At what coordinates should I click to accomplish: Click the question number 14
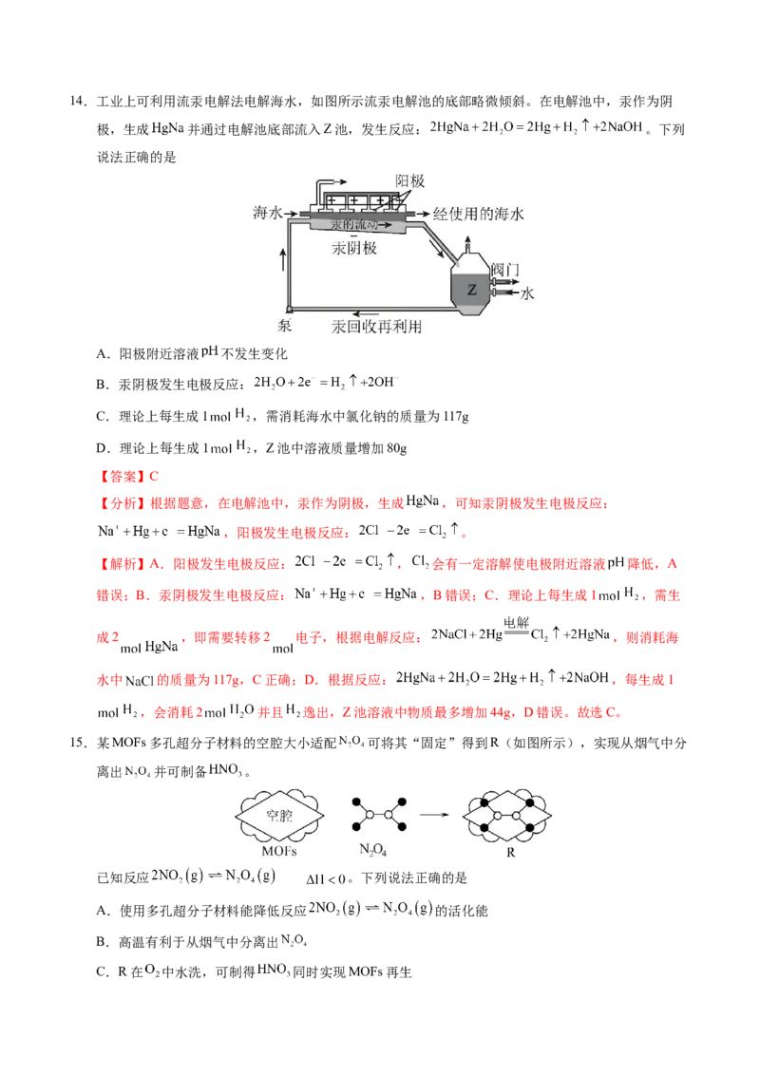point(78,102)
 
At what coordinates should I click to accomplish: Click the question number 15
point(78,743)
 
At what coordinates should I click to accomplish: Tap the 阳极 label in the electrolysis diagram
point(409,181)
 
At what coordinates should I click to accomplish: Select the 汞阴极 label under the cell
point(354,248)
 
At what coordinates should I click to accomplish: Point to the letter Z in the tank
point(472,290)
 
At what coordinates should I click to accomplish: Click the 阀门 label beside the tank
point(506,270)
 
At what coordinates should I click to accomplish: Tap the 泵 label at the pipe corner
point(285,326)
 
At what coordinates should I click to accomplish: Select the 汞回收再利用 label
point(376,327)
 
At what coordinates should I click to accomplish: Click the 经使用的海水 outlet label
point(478,214)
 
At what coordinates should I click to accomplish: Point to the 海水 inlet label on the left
point(268,213)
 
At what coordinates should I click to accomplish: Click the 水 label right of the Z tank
point(527,294)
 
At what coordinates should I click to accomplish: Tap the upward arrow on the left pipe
point(283,260)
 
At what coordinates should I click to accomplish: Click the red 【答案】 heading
point(123,477)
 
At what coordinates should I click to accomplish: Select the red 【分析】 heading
point(123,504)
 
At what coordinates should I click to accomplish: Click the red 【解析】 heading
point(123,564)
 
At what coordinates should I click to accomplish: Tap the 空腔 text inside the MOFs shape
point(279,815)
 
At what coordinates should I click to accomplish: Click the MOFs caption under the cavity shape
point(279,851)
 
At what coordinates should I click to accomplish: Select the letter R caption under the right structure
point(510,852)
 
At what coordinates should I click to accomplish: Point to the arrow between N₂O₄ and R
point(434,815)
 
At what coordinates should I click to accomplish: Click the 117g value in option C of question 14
point(456,416)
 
